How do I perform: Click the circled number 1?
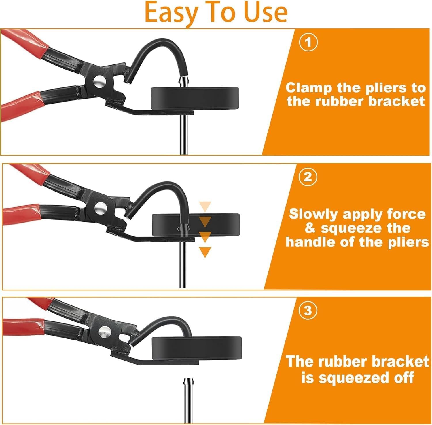(308, 43)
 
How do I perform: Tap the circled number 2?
(308, 177)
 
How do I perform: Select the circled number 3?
(308, 311)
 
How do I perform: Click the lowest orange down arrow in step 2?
(205, 252)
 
